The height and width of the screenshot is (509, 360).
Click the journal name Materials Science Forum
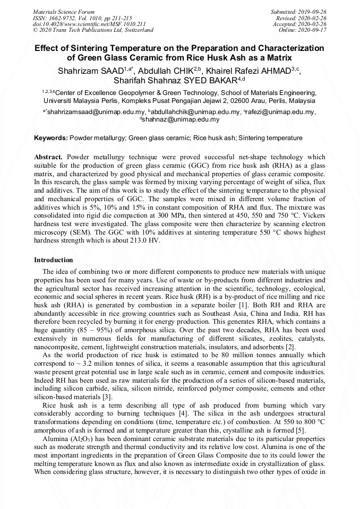pos(64,12)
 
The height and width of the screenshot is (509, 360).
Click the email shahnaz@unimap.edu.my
pos(180,120)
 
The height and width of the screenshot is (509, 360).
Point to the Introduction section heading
pos(54,260)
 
